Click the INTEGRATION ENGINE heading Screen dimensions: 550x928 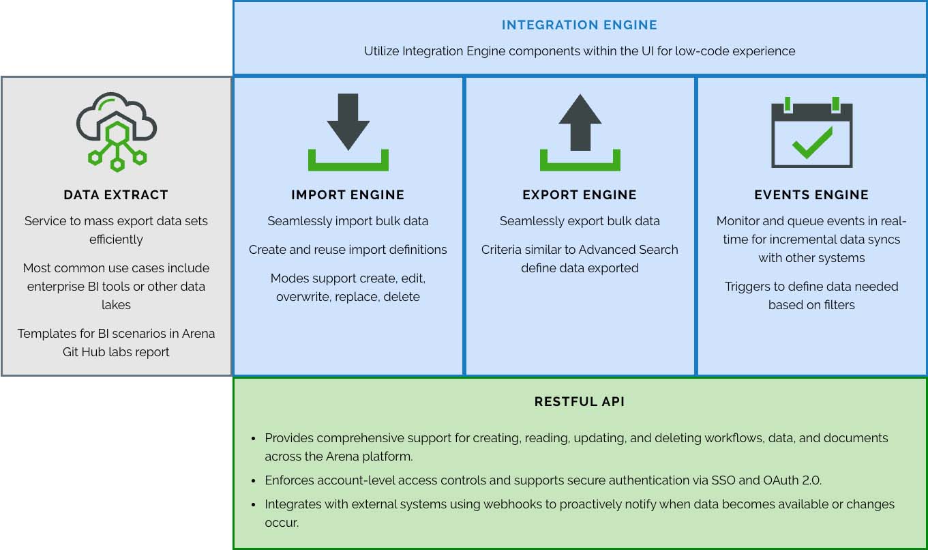click(x=580, y=25)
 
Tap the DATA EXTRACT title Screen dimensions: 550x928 click(x=116, y=195)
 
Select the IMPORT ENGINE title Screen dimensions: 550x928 click(x=348, y=195)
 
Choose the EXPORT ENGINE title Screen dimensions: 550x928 click(x=580, y=195)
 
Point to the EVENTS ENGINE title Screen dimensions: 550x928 click(x=811, y=195)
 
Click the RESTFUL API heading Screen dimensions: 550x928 click(x=580, y=402)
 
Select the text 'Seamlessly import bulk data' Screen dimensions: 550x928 click(x=348, y=221)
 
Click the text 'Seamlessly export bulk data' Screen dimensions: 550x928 click(x=580, y=221)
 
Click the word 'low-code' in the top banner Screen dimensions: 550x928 click(x=702, y=51)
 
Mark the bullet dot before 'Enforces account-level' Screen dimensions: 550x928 click(x=254, y=481)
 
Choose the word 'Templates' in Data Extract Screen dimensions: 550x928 click(x=46, y=334)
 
